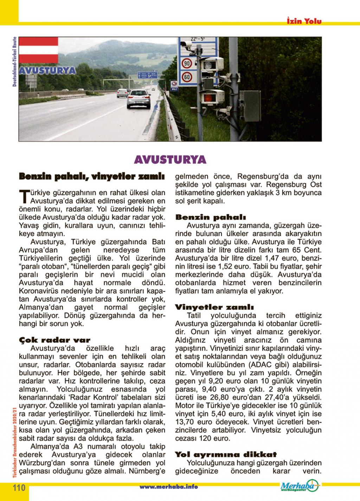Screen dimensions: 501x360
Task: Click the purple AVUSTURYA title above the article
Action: pos(170,160)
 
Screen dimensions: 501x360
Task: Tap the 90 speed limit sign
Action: pos(186,64)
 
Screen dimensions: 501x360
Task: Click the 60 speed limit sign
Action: pos(186,77)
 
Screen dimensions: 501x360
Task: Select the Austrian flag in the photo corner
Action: pos(38,50)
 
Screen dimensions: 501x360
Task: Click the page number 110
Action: pos(19,488)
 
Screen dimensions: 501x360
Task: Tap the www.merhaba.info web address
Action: pos(169,487)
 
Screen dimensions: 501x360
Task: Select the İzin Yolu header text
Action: pos(304,21)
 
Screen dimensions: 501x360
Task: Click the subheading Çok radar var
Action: pos(54,340)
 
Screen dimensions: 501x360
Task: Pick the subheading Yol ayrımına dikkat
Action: pos(226,455)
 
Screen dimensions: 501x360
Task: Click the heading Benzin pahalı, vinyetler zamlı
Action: pos(91,176)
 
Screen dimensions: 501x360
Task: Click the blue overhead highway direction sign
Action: pos(147,75)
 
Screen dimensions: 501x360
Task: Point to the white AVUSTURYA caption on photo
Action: pos(47,70)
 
